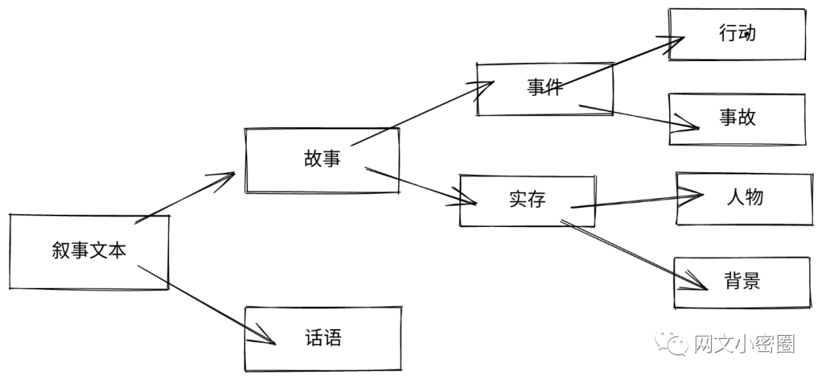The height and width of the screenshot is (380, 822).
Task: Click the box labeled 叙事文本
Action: point(88,252)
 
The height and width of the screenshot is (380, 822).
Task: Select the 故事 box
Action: point(321,160)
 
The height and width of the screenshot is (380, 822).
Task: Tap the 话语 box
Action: point(322,338)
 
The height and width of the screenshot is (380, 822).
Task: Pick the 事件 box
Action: point(544,88)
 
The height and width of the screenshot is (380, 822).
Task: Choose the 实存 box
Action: point(527,200)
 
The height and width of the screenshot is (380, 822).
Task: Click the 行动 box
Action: point(737,34)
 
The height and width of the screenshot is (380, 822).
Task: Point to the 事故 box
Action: point(737,118)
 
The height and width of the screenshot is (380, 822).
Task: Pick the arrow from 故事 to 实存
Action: point(419,187)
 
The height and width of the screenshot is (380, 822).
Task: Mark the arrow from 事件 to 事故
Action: point(639,115)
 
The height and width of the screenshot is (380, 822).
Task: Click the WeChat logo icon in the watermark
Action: point(674,344)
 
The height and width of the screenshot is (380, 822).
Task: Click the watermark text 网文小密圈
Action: point(744,345)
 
